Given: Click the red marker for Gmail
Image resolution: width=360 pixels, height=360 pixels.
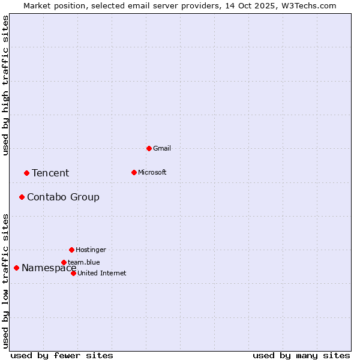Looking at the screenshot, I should [x=149, y=148].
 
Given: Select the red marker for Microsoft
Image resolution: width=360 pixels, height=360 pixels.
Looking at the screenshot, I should [x=134, y=172].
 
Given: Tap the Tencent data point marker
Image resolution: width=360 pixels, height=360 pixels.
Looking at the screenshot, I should [x=26, y=173].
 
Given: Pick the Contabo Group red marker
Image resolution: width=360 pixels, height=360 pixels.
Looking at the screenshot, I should [x=22, y=197].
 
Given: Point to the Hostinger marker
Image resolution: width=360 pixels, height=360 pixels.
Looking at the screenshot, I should [x=71, y=250].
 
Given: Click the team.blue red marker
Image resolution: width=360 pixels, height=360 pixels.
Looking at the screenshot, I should [x=64, y=262].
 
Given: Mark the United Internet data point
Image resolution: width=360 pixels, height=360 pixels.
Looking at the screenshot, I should [x=73, y=273].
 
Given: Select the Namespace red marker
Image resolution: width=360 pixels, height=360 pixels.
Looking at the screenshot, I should [x=16, y=268].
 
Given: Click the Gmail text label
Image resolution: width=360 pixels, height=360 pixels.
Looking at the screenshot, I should [x=162, y=148].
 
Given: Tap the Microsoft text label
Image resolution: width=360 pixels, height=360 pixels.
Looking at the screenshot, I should [x=152, y=172].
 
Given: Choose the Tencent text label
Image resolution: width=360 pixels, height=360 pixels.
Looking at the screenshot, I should [x=50, y=173].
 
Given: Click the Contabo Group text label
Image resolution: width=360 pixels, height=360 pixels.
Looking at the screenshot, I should [x=63, y=197].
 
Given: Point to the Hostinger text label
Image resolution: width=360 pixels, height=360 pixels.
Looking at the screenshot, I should [x=91, y=250].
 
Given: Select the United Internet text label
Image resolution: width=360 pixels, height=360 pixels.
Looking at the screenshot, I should [x=102, y=274].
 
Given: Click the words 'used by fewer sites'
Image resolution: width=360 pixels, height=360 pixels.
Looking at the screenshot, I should [x=62, y=355].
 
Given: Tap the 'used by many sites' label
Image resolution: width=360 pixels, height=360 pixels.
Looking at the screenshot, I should [x=301, y=355].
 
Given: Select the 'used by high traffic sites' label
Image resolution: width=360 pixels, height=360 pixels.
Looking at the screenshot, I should [x=6, y=85].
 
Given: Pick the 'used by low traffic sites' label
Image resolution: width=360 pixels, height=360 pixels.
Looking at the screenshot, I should [x=6, y=281].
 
